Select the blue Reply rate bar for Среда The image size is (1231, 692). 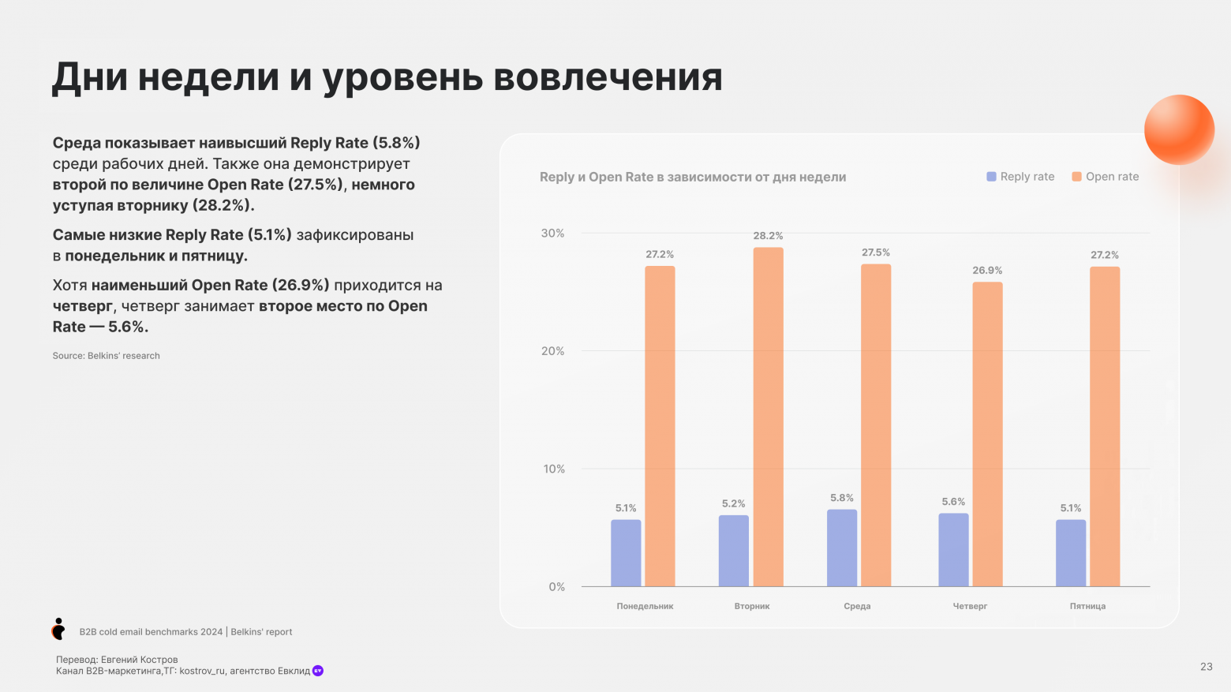[842, 548]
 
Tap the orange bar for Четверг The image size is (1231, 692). [987, 434]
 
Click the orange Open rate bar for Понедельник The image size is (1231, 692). [660, 426]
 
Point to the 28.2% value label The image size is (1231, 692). [768, 236]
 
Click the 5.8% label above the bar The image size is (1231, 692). [842, 498]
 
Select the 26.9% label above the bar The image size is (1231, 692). [987, 271]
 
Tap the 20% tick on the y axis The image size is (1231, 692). [552, 351]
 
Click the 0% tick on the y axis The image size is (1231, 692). [556, 587]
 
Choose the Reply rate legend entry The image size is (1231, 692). [1020, 177]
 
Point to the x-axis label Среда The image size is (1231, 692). [857, 606]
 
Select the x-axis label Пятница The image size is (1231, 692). [1087, 606]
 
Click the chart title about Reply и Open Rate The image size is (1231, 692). [692, 177]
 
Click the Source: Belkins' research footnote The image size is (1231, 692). [106, 356]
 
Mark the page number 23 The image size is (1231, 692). [1206, 667]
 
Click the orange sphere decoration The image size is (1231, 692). [1179, 129]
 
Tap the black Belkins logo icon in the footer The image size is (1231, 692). [58, 629]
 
